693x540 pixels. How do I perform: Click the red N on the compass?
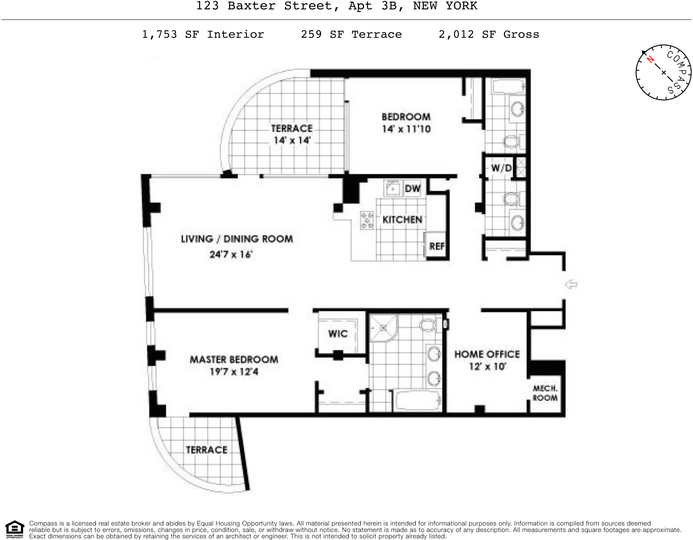click(650, 59)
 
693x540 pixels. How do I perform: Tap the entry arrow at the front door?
click(571, 284)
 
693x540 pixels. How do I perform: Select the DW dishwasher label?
click(412, 189)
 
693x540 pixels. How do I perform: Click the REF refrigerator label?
click(437, 246)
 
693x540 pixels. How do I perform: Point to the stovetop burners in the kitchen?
click(367, 220)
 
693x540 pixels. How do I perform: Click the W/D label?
click(501, 168)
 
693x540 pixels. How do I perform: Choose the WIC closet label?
click(338, 334)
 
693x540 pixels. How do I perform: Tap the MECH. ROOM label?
click(545, 393)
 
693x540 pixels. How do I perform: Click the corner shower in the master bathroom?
click(383, 328)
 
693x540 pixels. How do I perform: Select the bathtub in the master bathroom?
click(417, 400)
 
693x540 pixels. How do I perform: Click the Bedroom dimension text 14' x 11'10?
click(406, 129)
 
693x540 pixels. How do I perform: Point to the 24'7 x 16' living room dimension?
click(231, 254)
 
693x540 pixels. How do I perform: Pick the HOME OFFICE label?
click(487, 354)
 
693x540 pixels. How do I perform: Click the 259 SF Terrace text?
click(351, 34)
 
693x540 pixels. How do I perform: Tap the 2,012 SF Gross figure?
click(489, 34)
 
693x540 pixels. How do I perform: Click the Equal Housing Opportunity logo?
click(15, 529)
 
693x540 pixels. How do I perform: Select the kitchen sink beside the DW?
click(393, 189)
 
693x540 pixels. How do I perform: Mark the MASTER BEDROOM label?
click(234, 359)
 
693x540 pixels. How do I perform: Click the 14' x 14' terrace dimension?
click(292, 140)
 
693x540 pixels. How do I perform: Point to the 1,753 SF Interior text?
click(203, 34)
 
